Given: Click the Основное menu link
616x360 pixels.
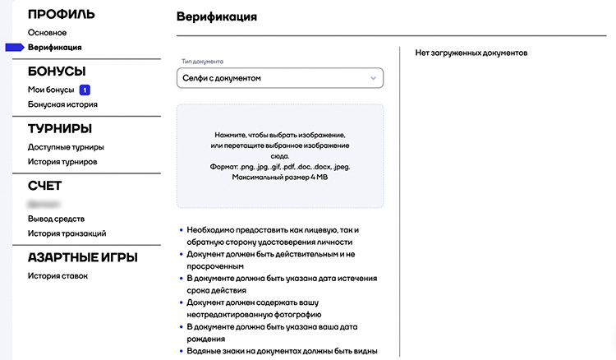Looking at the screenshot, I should coord(47,33).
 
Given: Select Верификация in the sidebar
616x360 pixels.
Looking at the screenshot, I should coord(54,48).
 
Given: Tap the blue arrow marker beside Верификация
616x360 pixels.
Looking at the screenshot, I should coord(15,48).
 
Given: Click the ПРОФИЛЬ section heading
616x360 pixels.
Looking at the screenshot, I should coord(62,15).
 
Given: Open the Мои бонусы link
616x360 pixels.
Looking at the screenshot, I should coord(51,90).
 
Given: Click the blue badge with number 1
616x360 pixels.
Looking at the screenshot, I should coord(85,90).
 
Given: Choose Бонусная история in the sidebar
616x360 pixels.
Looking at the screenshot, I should coord(62,104).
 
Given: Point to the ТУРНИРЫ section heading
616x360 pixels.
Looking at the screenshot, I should coord(60,129).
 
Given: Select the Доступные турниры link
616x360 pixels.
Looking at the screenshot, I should coord(66,147).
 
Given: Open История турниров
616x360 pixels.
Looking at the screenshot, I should coord(62,162).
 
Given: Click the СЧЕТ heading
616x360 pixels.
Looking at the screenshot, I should coord(45,187).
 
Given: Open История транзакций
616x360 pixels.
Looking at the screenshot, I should coord(67,233).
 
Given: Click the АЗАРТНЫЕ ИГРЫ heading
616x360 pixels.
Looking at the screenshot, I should coord(82,258).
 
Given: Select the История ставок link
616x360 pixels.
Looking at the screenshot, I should coord(57,275).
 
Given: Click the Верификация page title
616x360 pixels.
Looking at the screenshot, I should coord(216,16).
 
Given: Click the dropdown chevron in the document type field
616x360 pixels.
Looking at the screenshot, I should coord(373,78).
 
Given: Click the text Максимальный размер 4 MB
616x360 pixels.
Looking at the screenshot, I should coord(280,178).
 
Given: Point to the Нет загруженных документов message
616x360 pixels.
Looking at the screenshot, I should coord(471,53).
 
